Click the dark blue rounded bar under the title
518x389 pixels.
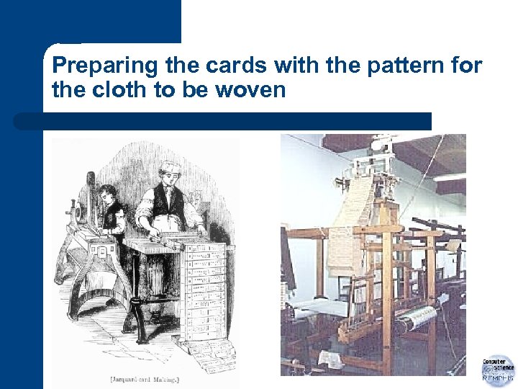point(223,121)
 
